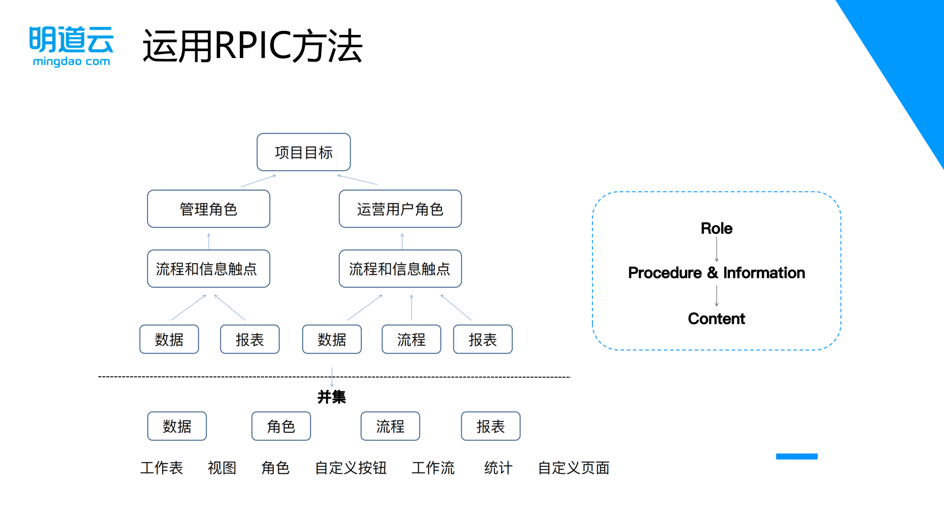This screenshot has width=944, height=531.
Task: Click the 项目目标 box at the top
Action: [x=303, y=152]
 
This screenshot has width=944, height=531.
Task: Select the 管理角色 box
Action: [x=208, y=209]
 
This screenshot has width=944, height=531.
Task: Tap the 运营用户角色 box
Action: [x=400, y=209]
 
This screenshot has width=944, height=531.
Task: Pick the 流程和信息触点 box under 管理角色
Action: [x=208, y=269]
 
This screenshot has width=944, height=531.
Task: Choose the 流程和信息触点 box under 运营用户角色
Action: [x=400, y=269]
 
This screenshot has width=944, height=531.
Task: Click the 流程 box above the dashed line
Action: [x=411, y=339]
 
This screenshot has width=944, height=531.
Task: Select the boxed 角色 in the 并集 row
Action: [x=281, y=426]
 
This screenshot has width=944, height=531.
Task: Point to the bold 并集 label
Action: [x=331, y=397]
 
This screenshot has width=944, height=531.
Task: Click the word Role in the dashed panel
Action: [x=716, y=229]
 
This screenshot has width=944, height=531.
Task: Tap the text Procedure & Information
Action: [x=716, y=273]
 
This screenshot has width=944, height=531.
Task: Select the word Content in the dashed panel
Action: [x=716, y=319]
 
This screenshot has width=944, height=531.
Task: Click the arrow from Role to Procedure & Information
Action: [x=716, y=249]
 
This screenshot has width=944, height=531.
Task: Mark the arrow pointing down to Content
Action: [x=716, y=295]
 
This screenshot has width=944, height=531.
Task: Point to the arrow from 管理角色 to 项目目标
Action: [x=258, y=181]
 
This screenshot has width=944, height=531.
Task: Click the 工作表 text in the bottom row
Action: [x=161, y=468]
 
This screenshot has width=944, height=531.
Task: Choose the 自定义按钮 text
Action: [x=351, y=468]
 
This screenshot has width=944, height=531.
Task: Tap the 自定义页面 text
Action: [x=573, y=468]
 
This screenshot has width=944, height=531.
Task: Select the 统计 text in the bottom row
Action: [x=498, y=468]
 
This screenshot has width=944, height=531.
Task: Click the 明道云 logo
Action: [x=71, y=46]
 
